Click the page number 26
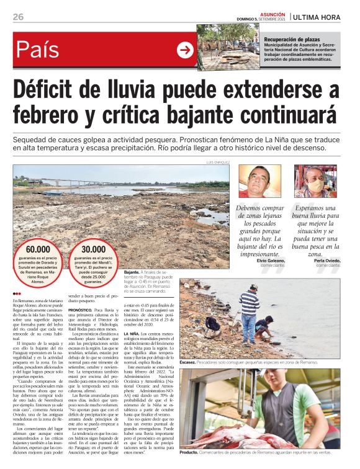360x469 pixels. point(18,17)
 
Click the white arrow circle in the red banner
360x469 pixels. point(185,50)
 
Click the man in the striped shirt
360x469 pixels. point(250,310)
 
